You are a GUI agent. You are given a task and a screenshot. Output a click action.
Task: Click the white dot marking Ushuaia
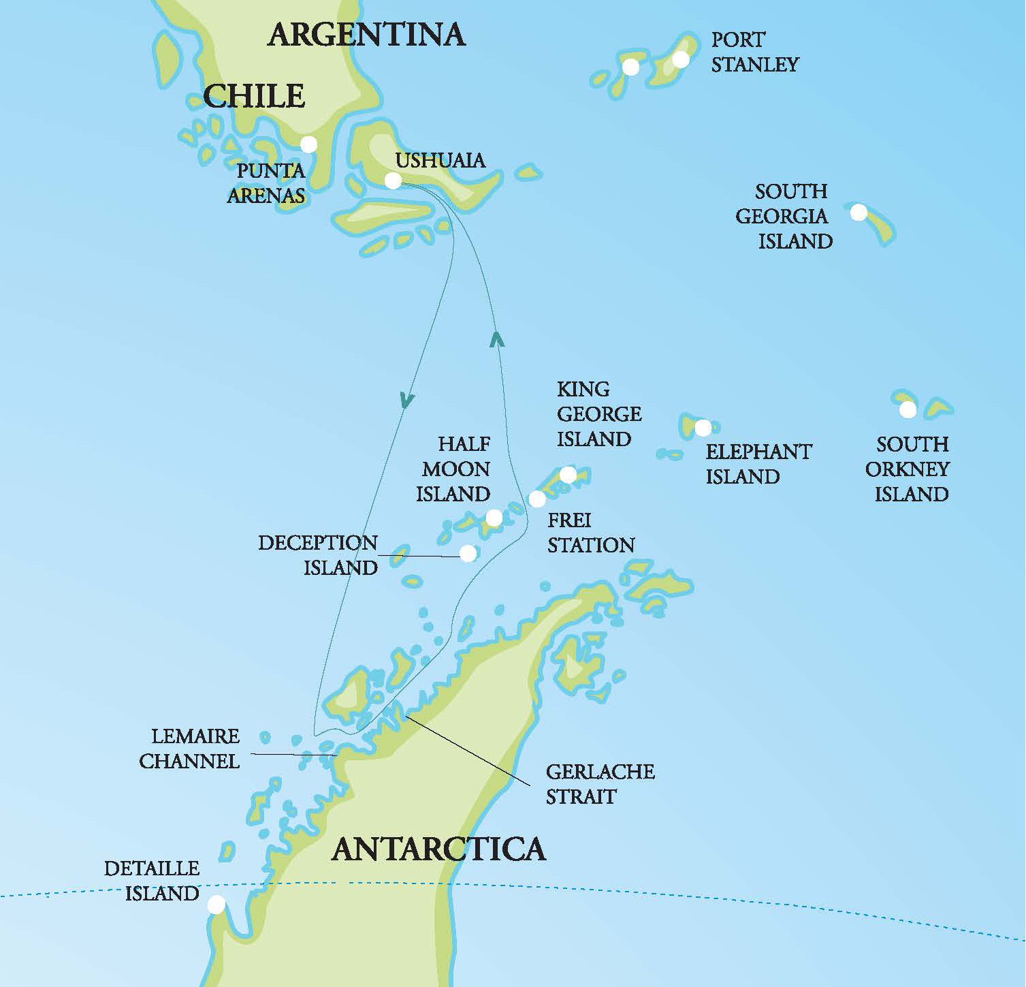click(393, 181)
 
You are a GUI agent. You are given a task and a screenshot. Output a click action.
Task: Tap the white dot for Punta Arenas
click(308, 144)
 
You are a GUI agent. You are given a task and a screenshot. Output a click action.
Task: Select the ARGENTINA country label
click(366, 34)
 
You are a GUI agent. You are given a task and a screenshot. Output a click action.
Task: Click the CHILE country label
click(254, 96)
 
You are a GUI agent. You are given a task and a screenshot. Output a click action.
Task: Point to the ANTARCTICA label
click(438, 849)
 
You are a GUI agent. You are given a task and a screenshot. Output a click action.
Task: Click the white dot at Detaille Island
click(216, 905)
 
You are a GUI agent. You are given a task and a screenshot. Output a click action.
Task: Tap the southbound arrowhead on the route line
click(406, 401)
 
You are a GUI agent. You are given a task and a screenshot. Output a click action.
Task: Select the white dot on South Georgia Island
click(859, 213)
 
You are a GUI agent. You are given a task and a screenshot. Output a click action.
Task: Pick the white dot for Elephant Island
click(703, 428)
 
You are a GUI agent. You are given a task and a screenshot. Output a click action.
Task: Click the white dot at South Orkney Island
click(908, 409)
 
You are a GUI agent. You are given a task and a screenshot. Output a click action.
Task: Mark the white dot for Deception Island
click(468, 554)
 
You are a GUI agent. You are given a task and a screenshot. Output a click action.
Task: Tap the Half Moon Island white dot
click(494, 519)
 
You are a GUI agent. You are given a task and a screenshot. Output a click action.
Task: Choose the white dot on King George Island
click(568, 475)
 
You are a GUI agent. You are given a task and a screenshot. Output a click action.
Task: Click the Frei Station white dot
click(537, 499)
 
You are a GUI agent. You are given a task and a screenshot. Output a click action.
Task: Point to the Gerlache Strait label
click(600, 784)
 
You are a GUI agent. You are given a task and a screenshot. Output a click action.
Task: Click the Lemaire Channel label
click(191, 748)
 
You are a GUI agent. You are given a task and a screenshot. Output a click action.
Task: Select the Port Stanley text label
click(754, 52)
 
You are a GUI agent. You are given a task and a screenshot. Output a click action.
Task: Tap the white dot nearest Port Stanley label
click(681, 59)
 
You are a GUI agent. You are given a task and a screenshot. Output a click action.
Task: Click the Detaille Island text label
click(152, 880)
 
